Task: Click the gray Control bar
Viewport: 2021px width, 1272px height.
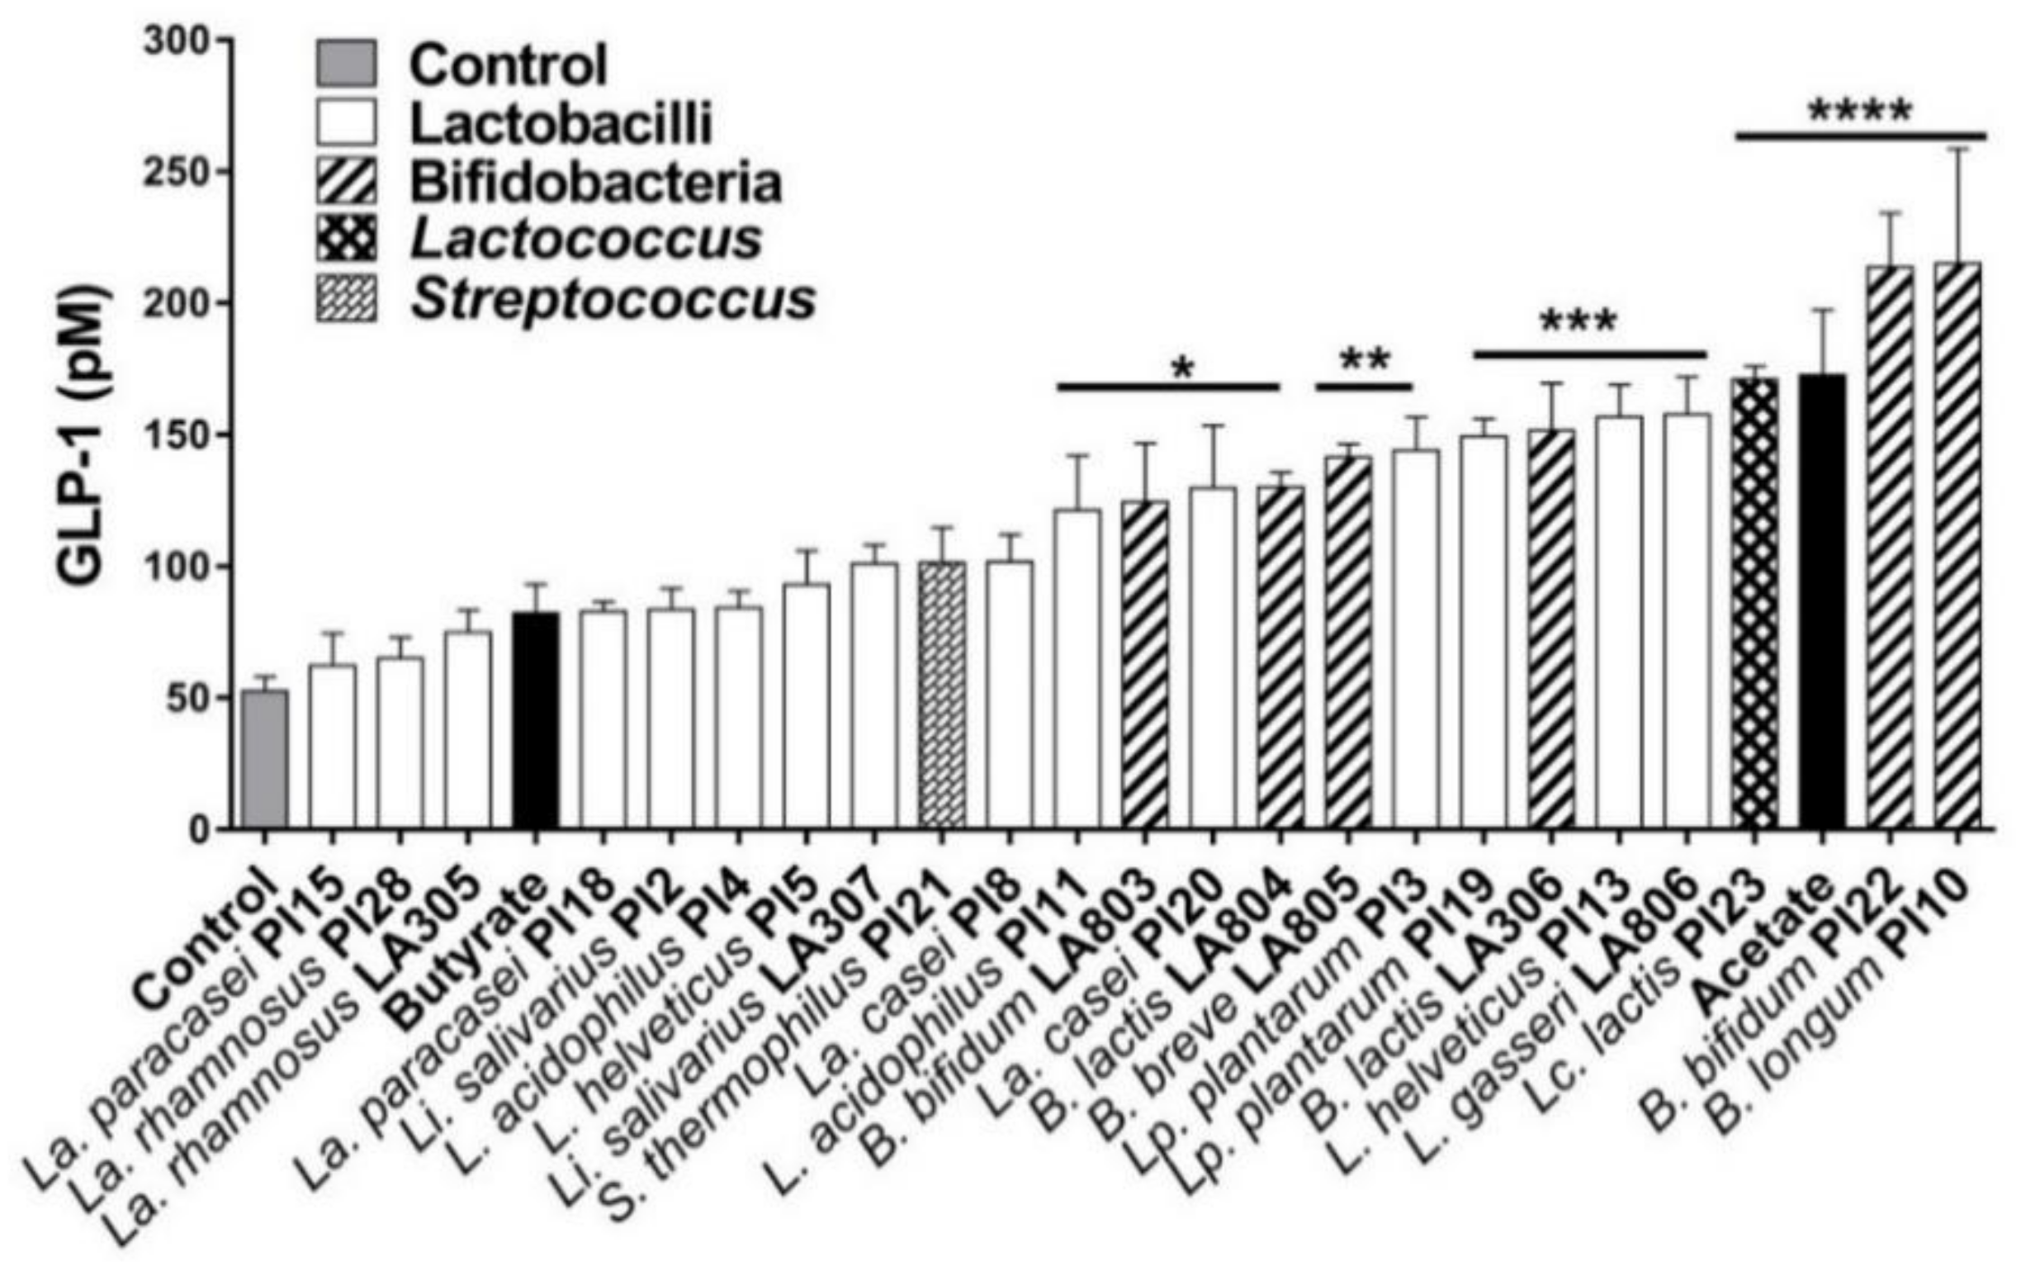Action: tap(264, 760)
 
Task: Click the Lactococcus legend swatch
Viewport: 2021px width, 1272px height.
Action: tap(346, 242)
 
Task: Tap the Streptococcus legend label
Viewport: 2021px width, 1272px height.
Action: tap(613, 301)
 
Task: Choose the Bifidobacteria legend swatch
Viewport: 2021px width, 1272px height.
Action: tap(346, 183)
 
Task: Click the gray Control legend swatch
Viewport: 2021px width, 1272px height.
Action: tap(346, 64)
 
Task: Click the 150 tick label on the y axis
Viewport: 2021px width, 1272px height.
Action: tap(176, 435)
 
